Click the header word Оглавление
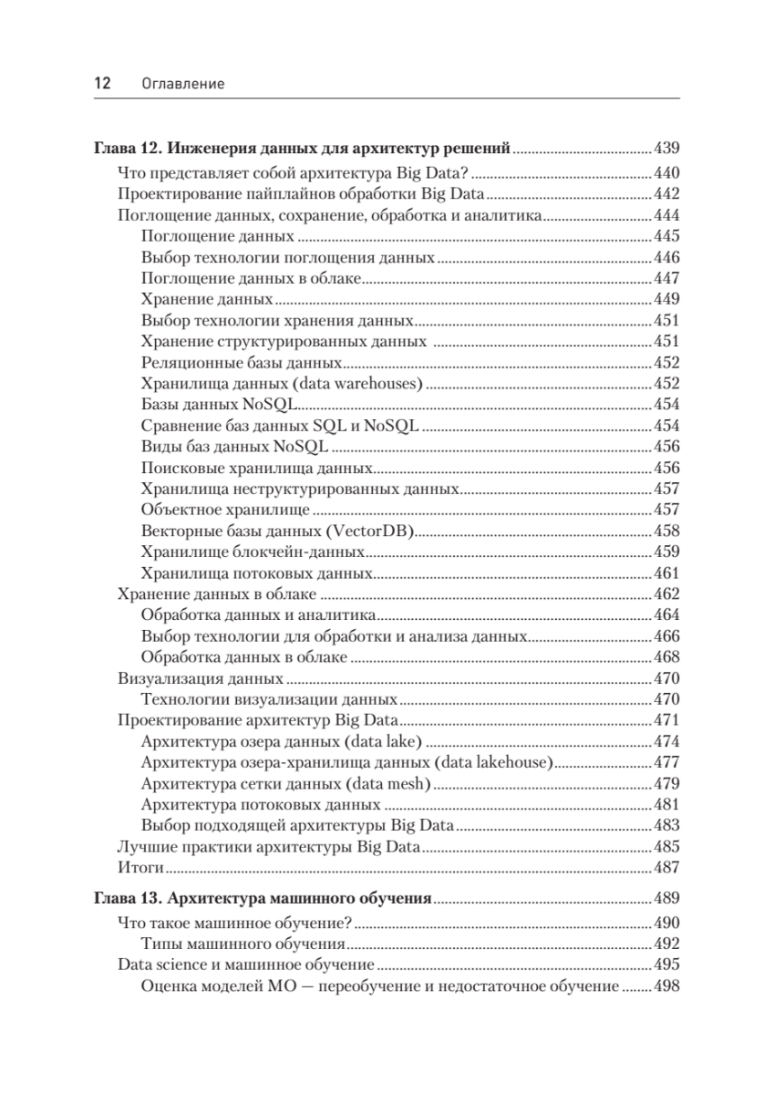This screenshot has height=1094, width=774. coord(183,84)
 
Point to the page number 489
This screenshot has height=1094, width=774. coord(667,898)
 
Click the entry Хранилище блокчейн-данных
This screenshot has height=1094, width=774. coord(253,552)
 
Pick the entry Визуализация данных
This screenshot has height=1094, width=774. coord(201,678)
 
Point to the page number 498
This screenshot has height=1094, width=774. coord(667,986)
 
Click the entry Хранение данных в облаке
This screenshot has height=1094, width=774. coord(211,593)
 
